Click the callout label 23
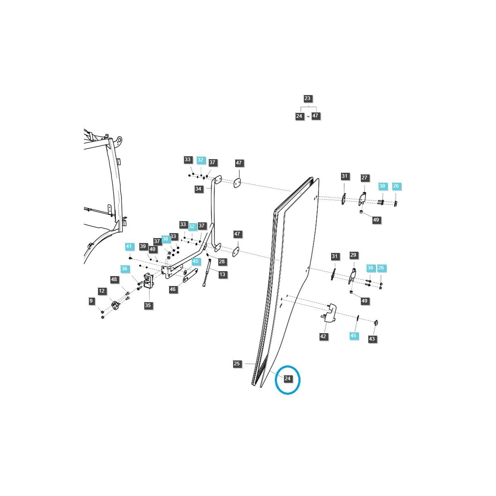coord(307,99)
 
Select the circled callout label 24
coord(288,379)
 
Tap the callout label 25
coord(237,364)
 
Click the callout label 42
coord(323,336)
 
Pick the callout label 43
coord(372,339)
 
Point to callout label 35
coord(148,306)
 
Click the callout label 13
coord(222,274)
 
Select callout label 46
coord(173,289)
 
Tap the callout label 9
coord(91,301)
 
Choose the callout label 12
coord(102,291)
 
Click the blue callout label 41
coord(129,247)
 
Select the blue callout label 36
coord(124,269)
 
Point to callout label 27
coord(364,178)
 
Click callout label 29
coord(353,255)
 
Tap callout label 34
coord(198,189)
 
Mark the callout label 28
coord(222,262)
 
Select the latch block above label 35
coord(148,282)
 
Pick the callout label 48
coord(114,280)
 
